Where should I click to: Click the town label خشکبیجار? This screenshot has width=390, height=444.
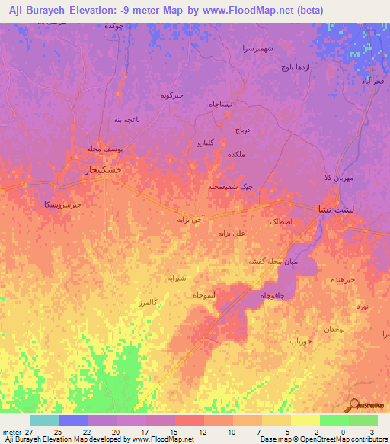pyautogui.click(x=101, y=171)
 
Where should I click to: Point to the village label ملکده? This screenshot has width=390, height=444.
pyautogui.click(x=236, y=154)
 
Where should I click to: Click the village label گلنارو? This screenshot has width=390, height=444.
pyautogui.click(x=206, y=142)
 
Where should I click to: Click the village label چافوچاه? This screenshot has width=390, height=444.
pyautogui.click(x=273, y=295)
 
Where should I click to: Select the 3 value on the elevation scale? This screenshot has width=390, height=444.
pyautogui.click(x=371, y=432)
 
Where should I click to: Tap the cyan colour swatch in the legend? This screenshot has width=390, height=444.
pyautogui.click(x=44, y=420)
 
